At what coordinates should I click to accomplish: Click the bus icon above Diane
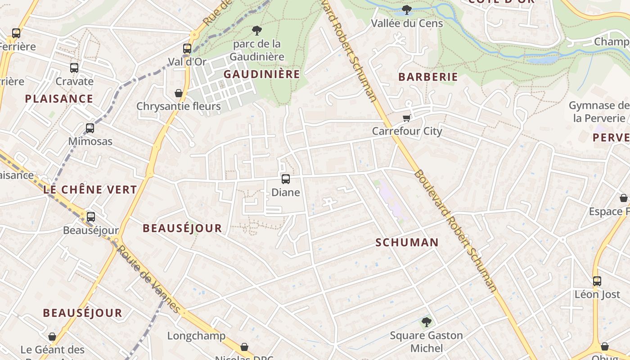click(x=286, y=179)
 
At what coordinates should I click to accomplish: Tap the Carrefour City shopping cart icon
click(x=407, y=118)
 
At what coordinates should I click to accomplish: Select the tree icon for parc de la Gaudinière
click(x=257, y=31)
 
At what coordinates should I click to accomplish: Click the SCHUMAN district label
click(x=407, y=243)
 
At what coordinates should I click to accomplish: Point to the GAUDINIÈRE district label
click(x=261, y=74)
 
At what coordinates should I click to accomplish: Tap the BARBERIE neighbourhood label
click(x=428, y=77)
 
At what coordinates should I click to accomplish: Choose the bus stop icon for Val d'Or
click(x=187, y=49)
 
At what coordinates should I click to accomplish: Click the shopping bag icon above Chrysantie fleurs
click(x=179, y=93)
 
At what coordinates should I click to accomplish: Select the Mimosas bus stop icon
click(x=90, y=128)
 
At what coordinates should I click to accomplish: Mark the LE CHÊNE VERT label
click(x=90, y=189)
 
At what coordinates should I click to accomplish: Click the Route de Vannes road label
click(x=148, y=279)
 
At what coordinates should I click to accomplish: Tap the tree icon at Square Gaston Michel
click(x=426, y=322)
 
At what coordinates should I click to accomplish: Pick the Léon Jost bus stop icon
click(x=597, y=281)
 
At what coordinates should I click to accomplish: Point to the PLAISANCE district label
click(x=59, y=99)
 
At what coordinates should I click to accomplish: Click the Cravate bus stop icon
click(x=74, y=68)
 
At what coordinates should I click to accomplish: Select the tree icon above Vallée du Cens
click(x=407, y=9)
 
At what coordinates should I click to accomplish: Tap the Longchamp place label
click(x=196, y=336)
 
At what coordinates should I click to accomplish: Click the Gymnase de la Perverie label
click(x=598, y=112)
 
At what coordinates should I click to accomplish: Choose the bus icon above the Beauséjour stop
click(x=91, y=217)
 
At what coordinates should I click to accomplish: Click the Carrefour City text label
click(x=407, y=131)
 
